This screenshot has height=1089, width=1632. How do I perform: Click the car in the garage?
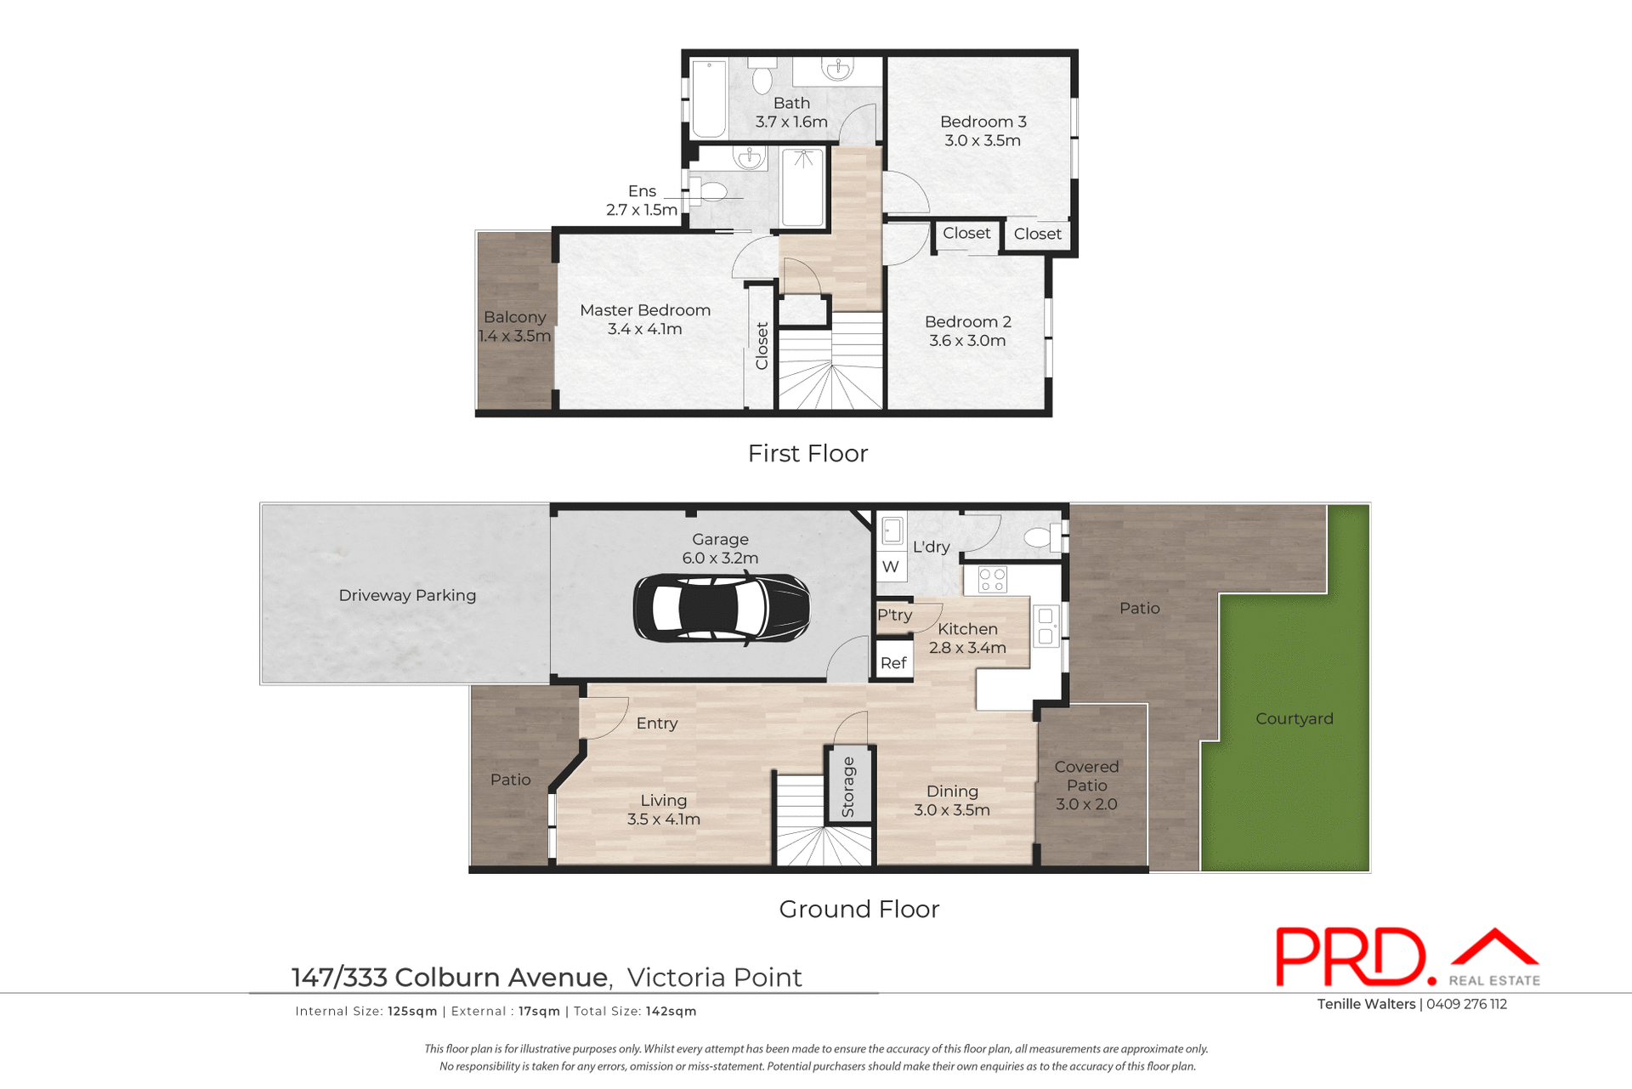tap(721, 608)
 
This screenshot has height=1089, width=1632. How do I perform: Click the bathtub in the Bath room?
tap(709, 99)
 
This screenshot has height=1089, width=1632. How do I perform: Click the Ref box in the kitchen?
tap(893, 663)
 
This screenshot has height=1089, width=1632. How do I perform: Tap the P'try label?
tap(894, 615)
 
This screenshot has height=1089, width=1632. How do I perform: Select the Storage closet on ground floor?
tap(848, 786)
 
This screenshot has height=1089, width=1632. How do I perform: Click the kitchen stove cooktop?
tap(992, 580)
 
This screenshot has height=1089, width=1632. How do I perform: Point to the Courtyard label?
tap(1294, 718)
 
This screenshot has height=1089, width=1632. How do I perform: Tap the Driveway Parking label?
tap(407, 595)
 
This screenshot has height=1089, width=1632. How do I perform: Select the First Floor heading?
tap(807, 453)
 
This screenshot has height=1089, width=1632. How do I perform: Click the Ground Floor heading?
tap(858, 909)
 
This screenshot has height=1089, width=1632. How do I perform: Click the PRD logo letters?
tap(1351, 958)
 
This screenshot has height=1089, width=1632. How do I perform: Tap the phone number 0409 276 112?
tap(1466, 1004)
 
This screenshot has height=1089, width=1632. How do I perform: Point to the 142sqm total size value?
tap(671, 1011)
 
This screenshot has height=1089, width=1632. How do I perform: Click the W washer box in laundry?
tap(890, 566)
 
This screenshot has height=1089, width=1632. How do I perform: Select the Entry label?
tap(656, 723)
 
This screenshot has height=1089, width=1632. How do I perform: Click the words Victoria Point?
tap(714, 978)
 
